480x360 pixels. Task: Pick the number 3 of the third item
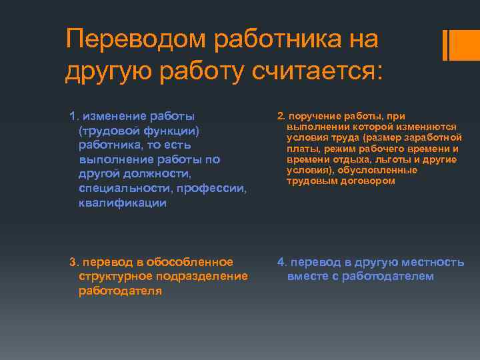[x=73, y=261]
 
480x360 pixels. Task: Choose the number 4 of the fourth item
[x=281, y=261]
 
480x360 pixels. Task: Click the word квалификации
[x=122, y=203]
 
